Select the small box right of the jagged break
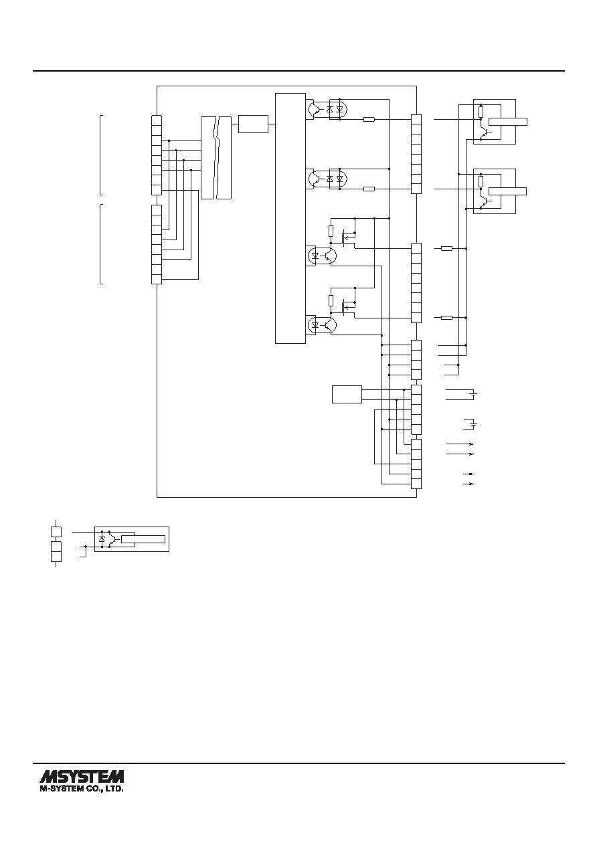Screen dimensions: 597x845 tap(253, 124)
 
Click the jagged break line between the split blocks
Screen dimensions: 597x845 tap(216, 157)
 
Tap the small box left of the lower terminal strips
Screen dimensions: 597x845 tap(347, 394)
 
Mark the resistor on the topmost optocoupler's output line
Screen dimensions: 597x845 tap(369, 120)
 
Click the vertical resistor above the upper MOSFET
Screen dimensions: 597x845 tap(331, 231)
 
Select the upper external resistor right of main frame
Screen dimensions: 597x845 tap(447, 248)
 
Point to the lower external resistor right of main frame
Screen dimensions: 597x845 tap(447, 318)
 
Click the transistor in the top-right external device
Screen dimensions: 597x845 tap(485, 132)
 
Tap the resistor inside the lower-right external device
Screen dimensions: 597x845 tap(481, 181)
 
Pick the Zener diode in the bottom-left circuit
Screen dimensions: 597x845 tap(102, 539)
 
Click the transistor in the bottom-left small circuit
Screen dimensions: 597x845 tap(112, 539)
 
